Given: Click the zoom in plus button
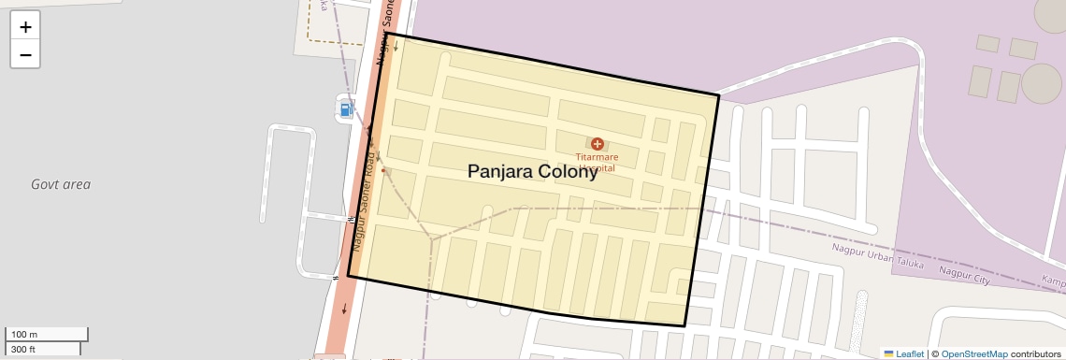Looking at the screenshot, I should [25, 27].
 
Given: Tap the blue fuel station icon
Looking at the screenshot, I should [346, 109].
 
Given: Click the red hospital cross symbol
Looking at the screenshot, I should [597, 144].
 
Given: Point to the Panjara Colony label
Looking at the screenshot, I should [532, 171].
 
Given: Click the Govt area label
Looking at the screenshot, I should [61, 184].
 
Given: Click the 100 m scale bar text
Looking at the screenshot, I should [25, 335].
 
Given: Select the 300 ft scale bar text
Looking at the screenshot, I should [23, 350].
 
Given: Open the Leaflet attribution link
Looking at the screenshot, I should [909, 353].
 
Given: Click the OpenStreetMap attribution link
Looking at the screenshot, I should [974, 353].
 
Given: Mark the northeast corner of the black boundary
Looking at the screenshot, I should [718, 95].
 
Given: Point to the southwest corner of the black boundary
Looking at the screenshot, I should [348, 276].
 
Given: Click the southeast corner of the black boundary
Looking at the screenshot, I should [685, 326].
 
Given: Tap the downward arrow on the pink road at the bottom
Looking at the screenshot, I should [345, 310].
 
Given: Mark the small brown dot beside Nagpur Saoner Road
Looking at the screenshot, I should [383, 171].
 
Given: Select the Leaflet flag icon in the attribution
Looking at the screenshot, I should [889, 353].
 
